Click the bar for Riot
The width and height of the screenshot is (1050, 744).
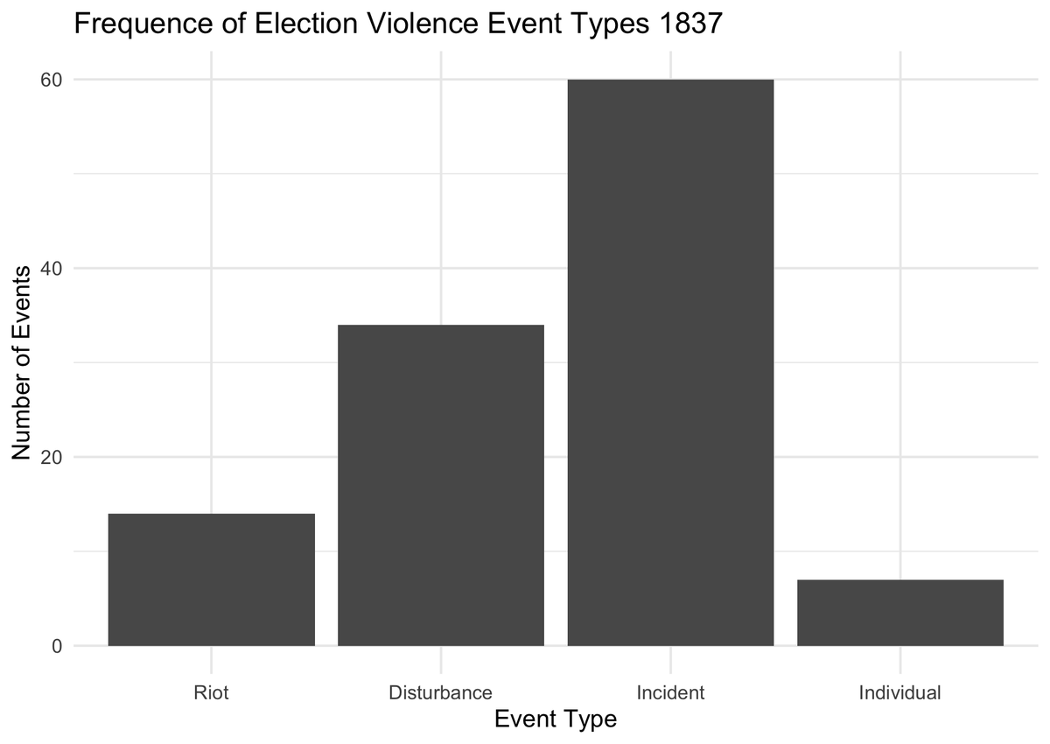[211, 579]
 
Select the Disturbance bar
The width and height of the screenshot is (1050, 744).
[441, 485]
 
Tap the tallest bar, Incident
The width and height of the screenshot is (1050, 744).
[670, 362]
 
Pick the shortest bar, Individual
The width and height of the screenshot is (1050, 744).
[900, 613]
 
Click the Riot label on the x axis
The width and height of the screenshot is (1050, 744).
[211, 693]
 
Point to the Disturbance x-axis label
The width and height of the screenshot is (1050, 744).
[441, 693]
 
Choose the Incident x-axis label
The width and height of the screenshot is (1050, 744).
[670, 693]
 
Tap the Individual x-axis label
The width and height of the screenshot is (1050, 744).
[900, 693]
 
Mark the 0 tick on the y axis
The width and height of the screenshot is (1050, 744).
[57, 646]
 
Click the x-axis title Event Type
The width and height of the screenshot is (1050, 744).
[556, 719]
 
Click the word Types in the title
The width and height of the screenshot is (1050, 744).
[603, 25]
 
